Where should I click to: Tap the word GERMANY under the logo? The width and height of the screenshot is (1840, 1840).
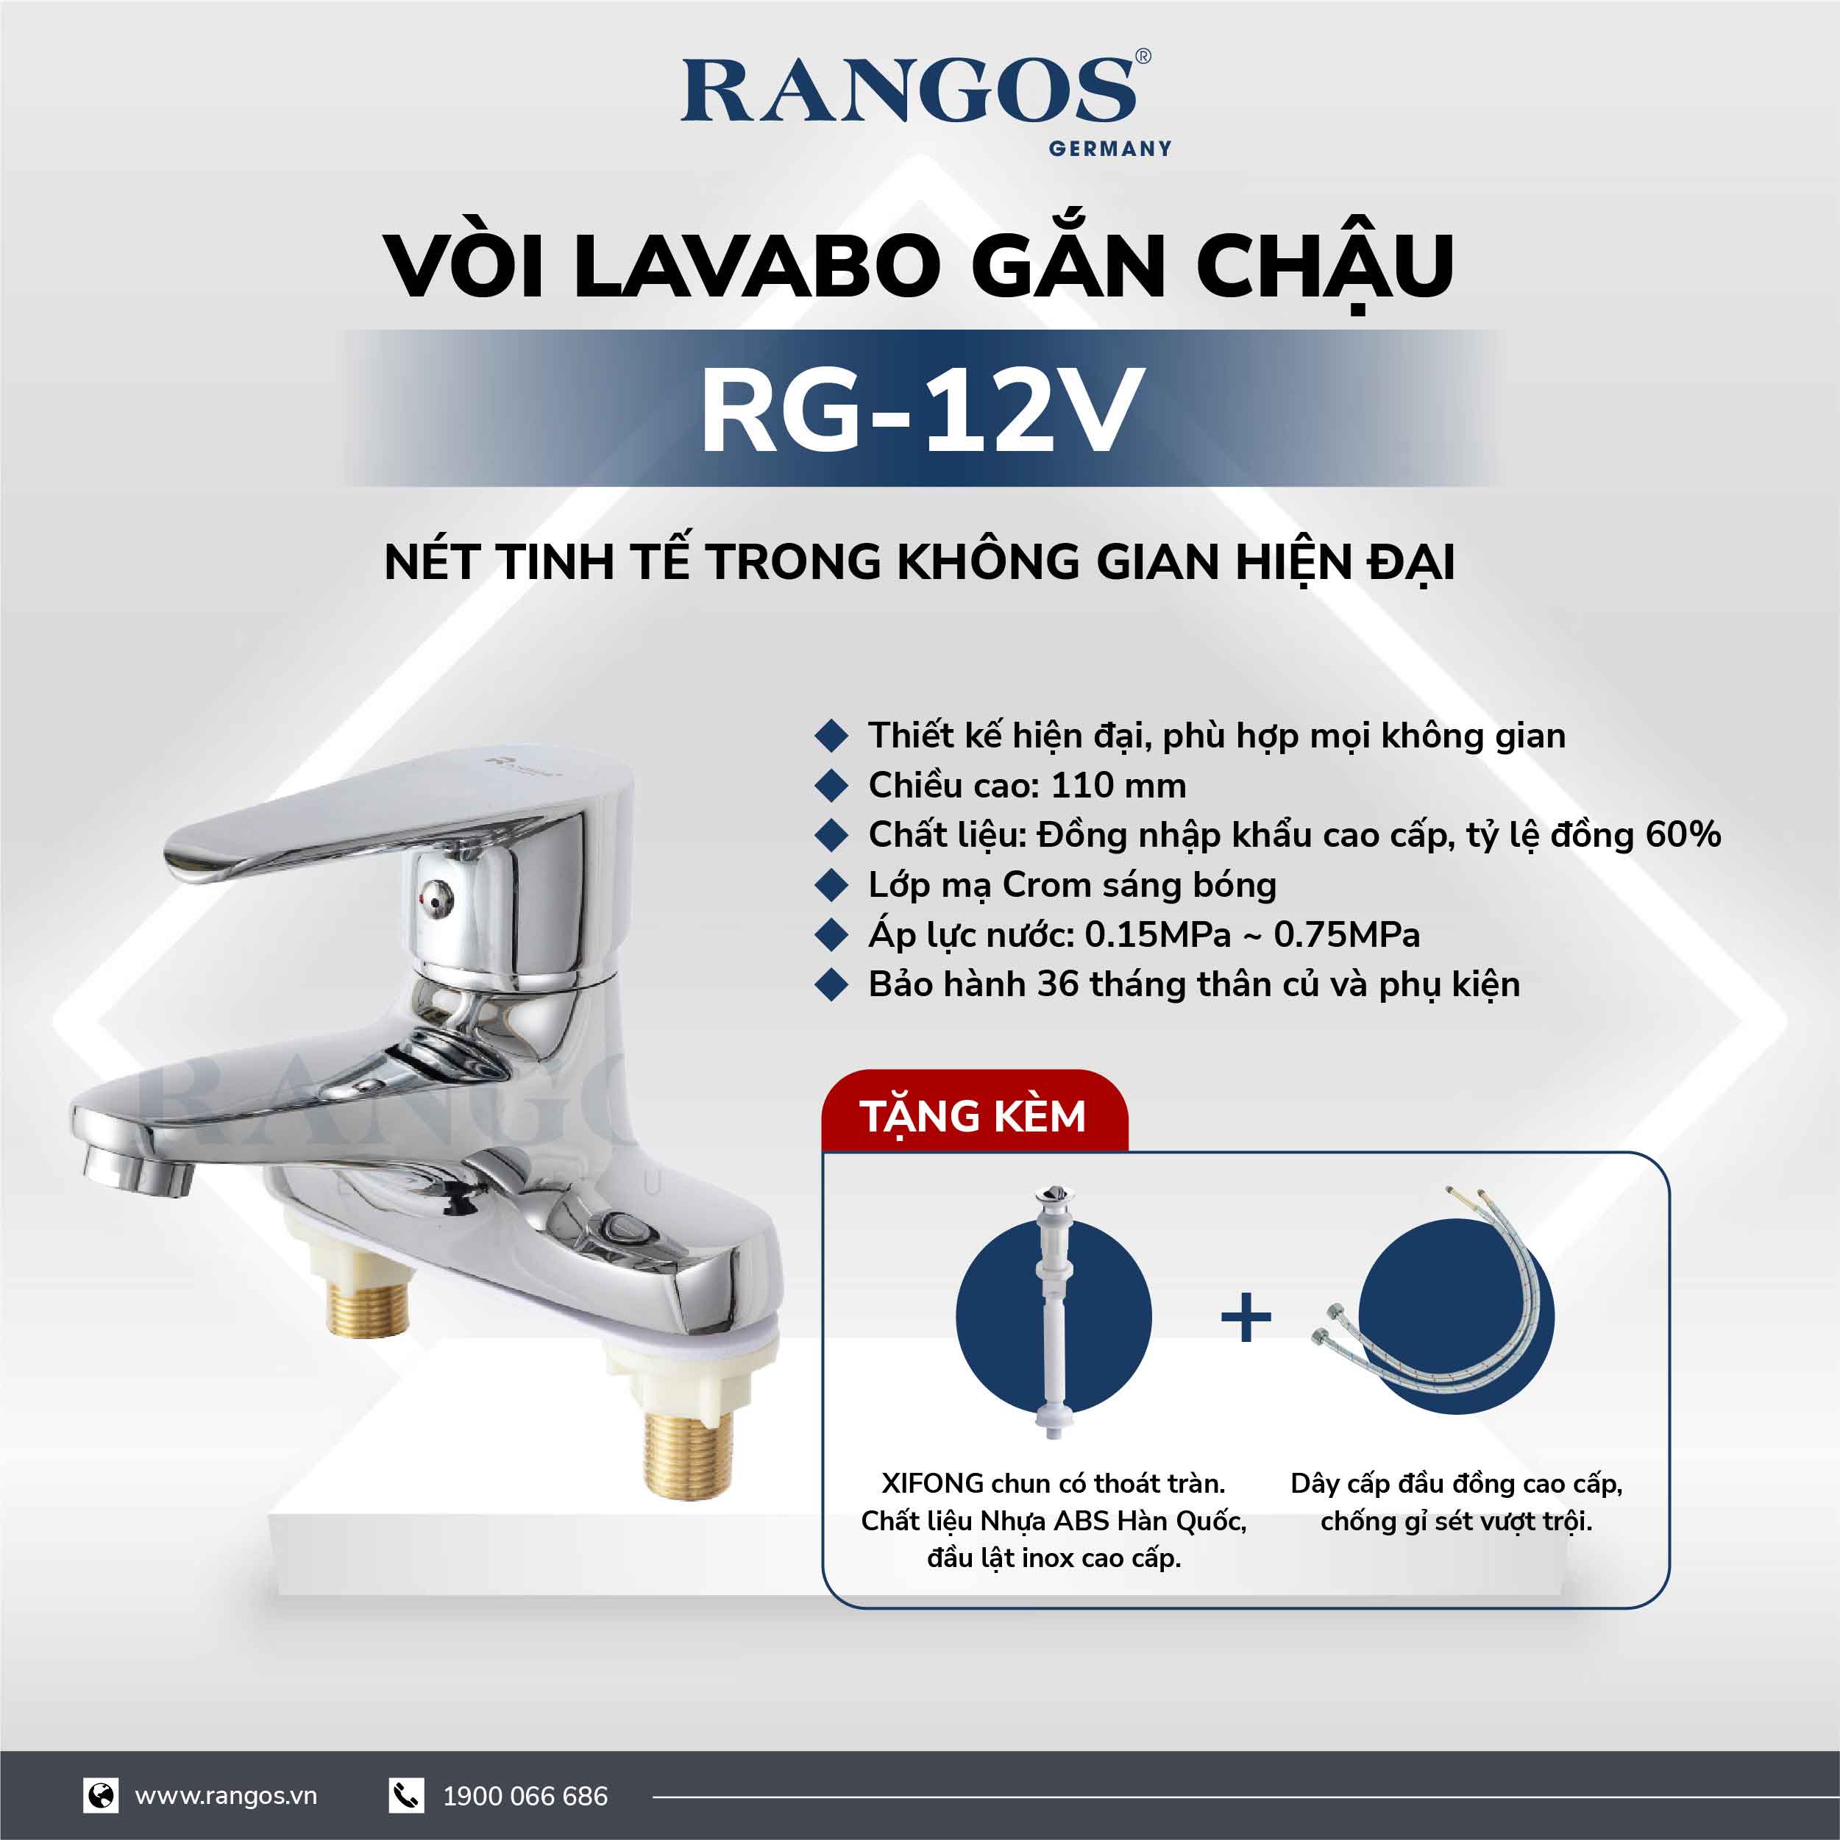(1109, 149)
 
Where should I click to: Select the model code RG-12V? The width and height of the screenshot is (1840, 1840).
(920, 411)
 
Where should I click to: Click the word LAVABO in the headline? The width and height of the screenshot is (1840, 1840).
(757, 266)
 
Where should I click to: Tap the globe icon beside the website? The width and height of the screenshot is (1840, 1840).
(100, 1795)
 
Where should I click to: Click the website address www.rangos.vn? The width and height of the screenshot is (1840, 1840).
(226, 1796)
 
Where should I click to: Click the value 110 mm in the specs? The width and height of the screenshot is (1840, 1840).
(1118, 786)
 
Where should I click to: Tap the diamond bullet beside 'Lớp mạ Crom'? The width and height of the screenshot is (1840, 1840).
(831, 885)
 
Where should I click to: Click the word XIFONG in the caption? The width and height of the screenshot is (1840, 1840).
(932, 1483)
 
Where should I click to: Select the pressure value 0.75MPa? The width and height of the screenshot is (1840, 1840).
(1346, 935)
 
